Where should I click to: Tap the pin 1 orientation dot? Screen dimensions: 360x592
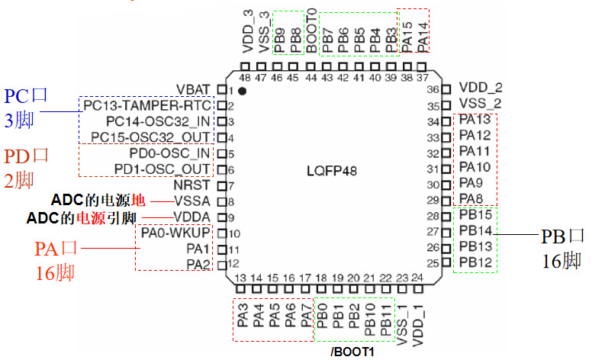point(242,91)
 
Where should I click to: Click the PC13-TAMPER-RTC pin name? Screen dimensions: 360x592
point(147,105)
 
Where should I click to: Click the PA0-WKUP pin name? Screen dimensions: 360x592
point(176,233)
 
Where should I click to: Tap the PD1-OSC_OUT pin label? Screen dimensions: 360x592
point(162,169)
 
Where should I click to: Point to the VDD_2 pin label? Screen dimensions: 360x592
point(481,88)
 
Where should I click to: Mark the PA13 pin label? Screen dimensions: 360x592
point(475,121)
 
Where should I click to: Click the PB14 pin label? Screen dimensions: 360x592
point(475,231)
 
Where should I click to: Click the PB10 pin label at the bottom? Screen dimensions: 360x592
point(369,318)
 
